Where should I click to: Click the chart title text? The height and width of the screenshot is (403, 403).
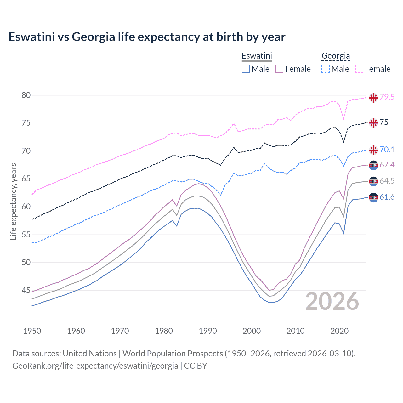click(x=147, y=37)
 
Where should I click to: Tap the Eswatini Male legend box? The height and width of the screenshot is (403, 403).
click(x=246, y=69)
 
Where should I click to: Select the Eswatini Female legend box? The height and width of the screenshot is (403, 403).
click(x=279, y=69)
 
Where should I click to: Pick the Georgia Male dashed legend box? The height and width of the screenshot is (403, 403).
click(x=326, y=69)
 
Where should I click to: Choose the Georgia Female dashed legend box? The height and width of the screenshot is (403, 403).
click(x=359, y=69)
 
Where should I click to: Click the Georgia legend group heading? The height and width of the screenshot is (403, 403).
click(x=336, y=56)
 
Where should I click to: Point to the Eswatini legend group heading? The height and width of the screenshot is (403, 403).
click(x=257, y=56)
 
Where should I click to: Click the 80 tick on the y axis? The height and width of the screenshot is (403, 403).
click(x=26, y=95)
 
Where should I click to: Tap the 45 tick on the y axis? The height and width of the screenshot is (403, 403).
click(x=26, y=290)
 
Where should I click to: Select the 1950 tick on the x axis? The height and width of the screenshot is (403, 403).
click(x=32, y=331)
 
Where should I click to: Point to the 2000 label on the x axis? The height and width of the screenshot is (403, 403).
click(x=252, y=331)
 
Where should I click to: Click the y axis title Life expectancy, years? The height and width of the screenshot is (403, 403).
click(x=13, y=201)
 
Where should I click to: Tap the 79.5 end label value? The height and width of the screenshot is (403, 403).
click(x=387, y=97)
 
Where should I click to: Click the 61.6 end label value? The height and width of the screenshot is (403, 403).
click(x=387, y=197)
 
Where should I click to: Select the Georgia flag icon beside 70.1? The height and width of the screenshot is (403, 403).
click(x=373, y=150)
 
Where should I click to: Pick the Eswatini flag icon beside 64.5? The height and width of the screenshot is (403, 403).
click(x=373, y=181)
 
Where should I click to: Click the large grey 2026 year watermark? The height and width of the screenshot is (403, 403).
click(x=332, y=302)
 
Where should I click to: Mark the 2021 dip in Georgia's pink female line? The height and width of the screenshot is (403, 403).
click(x=343, y=119)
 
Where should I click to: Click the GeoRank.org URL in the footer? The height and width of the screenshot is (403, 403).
click(x=95, y=366)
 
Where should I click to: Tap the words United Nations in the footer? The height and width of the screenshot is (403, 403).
click(x=90, y=354)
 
